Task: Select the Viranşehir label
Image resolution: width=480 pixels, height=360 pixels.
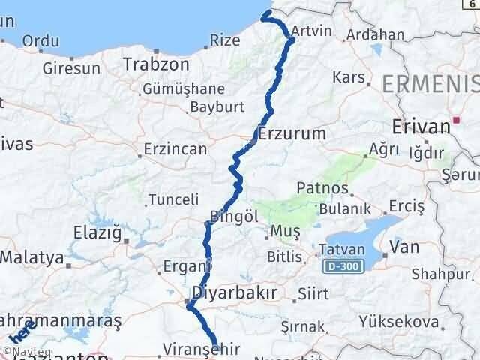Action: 199,349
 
